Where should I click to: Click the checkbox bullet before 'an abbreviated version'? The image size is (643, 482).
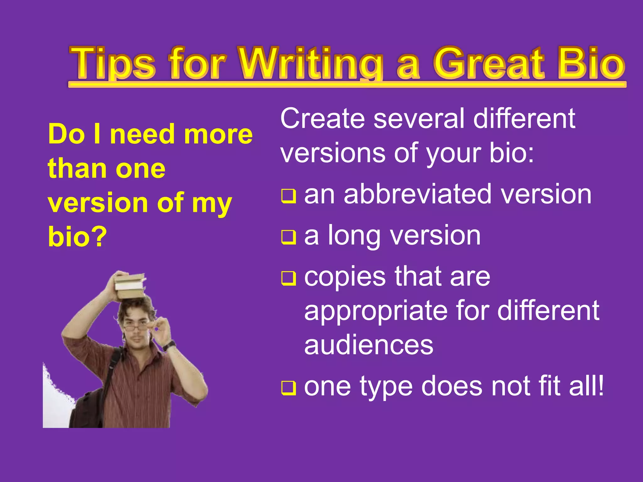[x=288, y=196]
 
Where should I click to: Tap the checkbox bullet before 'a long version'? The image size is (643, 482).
[x=288, y=237]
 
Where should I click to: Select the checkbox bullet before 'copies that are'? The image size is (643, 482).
[x=288, y=278]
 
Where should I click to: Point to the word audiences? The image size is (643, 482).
[x=369, y=345]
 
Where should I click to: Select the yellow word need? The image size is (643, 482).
[x=146, y=134]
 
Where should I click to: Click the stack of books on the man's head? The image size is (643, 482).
[x=130, y=286]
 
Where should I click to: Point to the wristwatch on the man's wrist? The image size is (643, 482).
[x=170, y=345]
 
